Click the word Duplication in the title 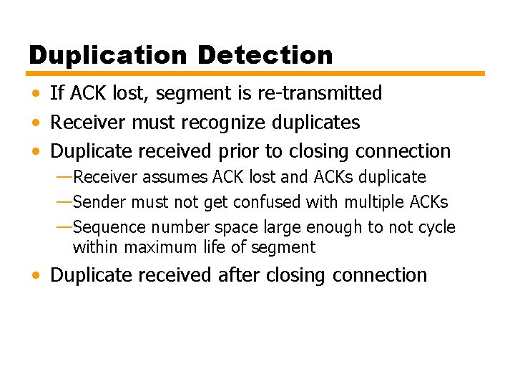[x=108, y=54]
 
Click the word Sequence [x=107, y=228]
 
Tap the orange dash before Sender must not [x=64, y=202]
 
